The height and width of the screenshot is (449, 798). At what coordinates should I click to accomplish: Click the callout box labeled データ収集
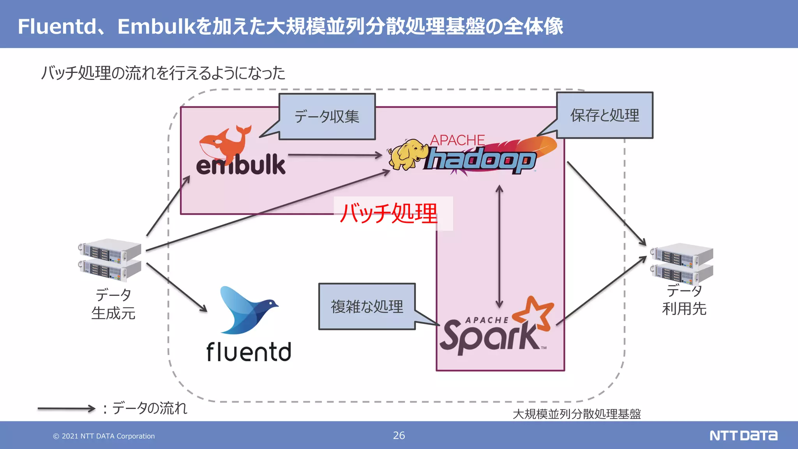click(327, 117)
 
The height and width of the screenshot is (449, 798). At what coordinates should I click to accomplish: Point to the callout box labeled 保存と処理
click(604, 115)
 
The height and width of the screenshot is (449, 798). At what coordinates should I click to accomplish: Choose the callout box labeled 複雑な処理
click(367, 306)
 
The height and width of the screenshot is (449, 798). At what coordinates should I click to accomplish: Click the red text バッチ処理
click(389, 214)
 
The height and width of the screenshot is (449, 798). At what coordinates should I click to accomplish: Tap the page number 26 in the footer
click(399, 435)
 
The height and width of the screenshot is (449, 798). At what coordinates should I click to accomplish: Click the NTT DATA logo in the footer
click(743, 435)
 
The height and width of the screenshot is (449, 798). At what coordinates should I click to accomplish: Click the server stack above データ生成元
click(110, 260)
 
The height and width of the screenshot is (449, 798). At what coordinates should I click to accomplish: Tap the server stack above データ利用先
click(682, 263)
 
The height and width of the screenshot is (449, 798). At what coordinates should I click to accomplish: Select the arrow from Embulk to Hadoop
click(335, 155)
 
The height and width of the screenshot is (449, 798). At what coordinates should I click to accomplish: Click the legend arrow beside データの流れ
click(66, 408)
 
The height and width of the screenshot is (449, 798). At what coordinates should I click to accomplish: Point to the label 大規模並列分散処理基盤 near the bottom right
click(576, 414)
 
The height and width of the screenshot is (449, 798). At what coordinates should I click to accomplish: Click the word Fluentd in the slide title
click(57, 27)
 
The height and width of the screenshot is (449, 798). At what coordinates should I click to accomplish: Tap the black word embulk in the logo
click(241, 165)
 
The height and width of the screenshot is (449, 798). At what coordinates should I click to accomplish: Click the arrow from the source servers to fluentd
click(176, 287)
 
